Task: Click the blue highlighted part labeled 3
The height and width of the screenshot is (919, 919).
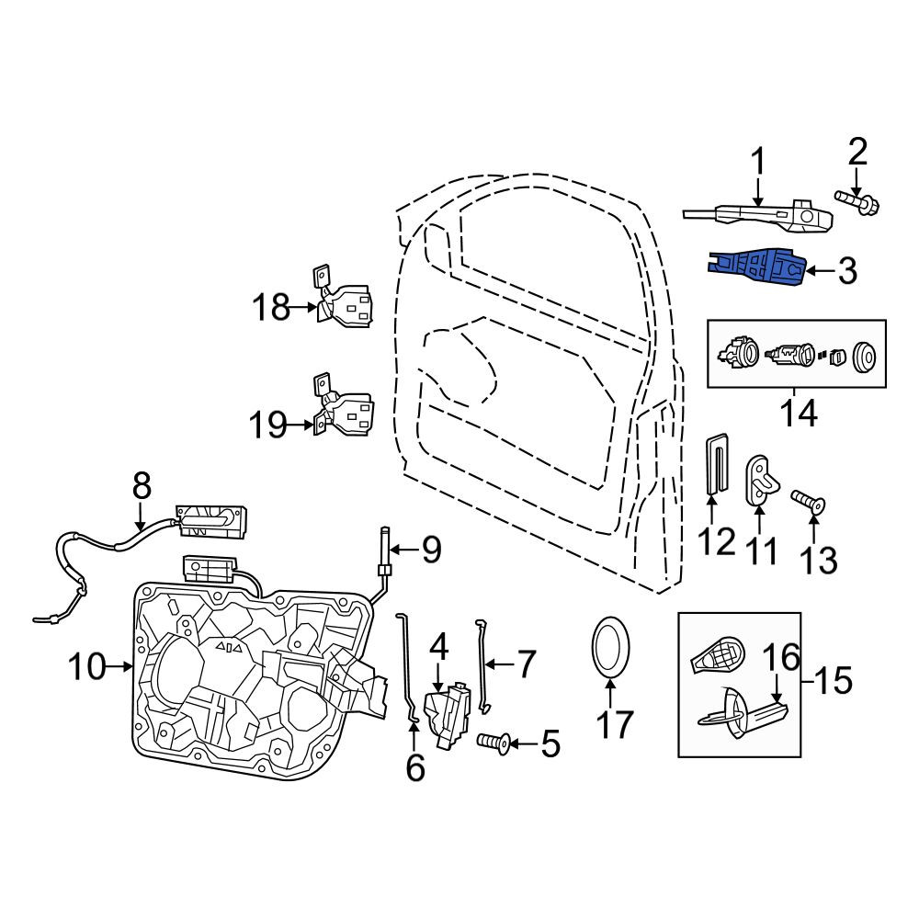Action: pos(756,267)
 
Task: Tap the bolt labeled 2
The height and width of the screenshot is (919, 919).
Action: pos(857,202)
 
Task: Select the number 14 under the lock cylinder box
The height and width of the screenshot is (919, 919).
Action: pos(799,414)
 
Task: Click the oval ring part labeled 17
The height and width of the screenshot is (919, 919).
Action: pos(610,647)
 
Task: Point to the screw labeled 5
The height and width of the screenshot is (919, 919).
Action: pos(494,743)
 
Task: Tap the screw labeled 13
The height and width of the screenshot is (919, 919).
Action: pos(808,501)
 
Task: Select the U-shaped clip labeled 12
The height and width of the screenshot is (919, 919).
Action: pos(716,462)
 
